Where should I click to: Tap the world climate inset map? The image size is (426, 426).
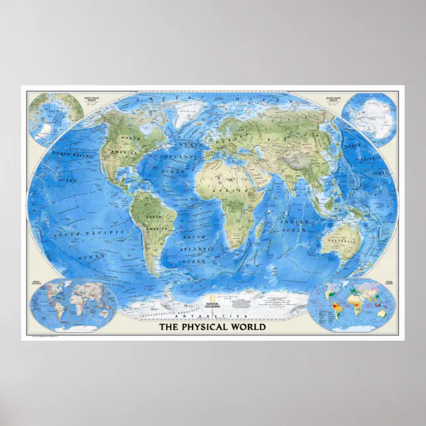[x=351, y=306]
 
